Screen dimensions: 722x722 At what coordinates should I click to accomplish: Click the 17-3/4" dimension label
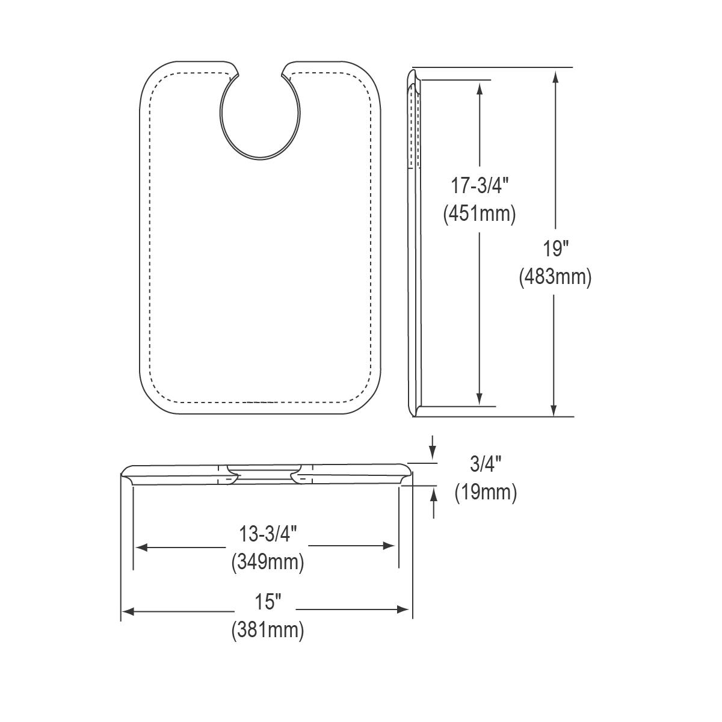click(x=480, y=186)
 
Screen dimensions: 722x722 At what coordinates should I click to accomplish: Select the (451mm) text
click(x=480, y=214)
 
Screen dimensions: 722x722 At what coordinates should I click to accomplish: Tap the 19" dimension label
click(x=555, y=248)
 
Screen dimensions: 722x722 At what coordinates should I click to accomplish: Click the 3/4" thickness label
click(x=485, y=464)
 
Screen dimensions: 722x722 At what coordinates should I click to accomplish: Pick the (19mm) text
click(x=485, y=492)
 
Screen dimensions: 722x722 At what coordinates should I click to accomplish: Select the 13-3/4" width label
click(x=268, y=534)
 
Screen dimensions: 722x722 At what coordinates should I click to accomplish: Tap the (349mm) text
click(x=268, y=562)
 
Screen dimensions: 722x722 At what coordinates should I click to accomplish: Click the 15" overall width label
click(x=268, y=601)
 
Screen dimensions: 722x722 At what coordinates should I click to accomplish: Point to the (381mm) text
click(x=268, y=630)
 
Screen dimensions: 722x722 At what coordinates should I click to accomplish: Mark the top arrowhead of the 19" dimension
click(x=555, y=76)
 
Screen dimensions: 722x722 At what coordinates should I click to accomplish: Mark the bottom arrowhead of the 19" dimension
click(x=555, y=409)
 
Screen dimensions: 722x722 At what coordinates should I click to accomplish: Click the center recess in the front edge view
click(x=264, y=469)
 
